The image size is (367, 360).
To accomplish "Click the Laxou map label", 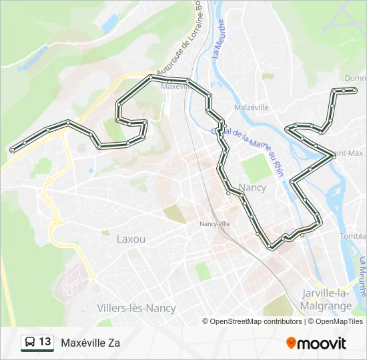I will click(x=131, y=239).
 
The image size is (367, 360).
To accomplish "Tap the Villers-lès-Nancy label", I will click(x=136, y=308).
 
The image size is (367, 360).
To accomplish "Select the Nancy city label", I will click(x=252, y=187).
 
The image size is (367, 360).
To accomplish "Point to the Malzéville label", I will click(x=251, y=107).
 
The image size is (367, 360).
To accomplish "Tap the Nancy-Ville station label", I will click(x=214, y=224).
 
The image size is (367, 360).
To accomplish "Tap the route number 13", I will click(x=45, y=342).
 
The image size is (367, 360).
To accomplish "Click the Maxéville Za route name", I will click(x=90, y=343).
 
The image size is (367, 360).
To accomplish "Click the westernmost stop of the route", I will click(x=12, y=151).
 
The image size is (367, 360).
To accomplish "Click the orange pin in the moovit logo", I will click(x=292, y=343).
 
